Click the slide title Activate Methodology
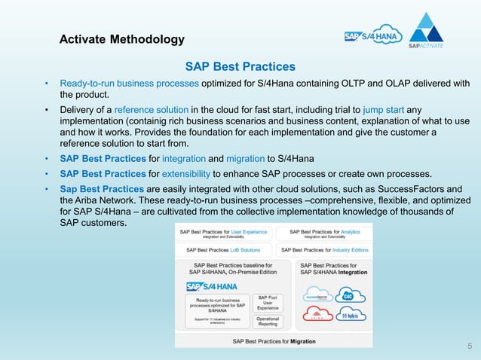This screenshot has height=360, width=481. [121, 39]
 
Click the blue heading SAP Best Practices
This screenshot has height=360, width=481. [240, 67]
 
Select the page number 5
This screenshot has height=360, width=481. [469, 346]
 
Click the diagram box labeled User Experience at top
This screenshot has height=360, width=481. [225, 233]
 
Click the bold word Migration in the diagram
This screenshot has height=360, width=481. [298, 341]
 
